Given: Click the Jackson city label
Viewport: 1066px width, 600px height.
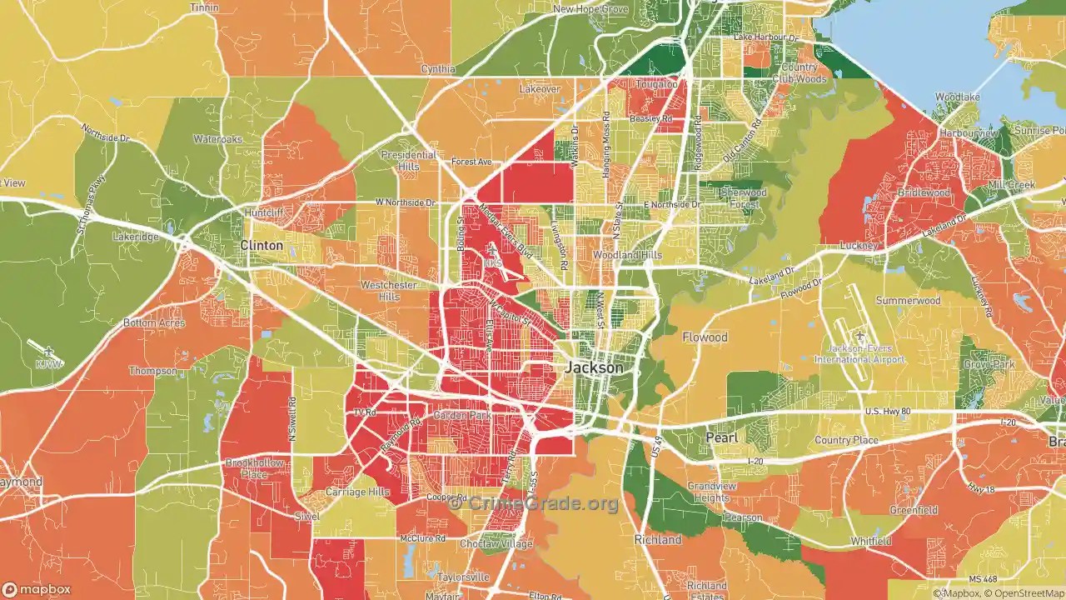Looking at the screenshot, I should pos(594,367).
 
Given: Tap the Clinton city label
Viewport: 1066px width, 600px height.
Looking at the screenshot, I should pos(262,246).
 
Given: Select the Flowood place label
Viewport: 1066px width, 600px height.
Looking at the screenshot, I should pos(705,337).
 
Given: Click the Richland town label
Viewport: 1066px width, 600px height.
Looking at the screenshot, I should pos(658,540).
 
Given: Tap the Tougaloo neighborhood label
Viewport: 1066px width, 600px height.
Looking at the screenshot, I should pos(657,85).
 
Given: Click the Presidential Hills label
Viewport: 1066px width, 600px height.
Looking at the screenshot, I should pos(408,161).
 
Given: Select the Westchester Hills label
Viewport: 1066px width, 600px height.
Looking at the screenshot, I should pos(388,291).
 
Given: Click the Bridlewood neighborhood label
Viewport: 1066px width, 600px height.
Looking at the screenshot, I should pos(924,192).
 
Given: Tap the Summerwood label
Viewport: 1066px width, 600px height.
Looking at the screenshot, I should pos(908,300).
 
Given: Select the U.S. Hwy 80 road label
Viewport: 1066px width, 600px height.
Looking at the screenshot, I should pos(894,412).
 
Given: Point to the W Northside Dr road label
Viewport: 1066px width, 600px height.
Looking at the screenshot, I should pos(406,202).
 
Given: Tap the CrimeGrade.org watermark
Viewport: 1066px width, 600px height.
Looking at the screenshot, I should pos(534,503).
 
